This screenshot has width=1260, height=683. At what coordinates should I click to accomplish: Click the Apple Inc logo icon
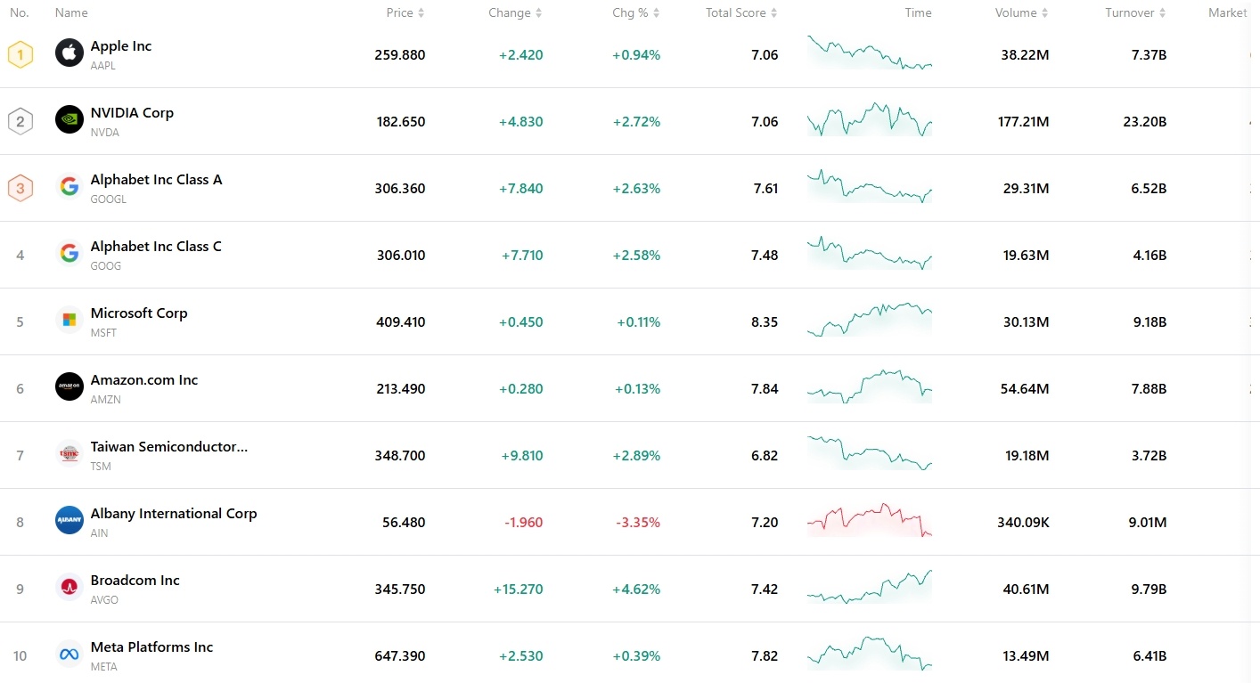pos(70,53)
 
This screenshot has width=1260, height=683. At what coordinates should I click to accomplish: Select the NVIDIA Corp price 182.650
pos(400,121)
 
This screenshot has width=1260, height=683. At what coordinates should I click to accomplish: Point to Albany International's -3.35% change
pos(638,522)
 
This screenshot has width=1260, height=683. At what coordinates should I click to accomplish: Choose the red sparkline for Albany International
pos(869,520)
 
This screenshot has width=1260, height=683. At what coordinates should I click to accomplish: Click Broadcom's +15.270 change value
pos(518,589)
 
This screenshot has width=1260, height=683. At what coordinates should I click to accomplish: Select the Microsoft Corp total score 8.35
pos(765,321)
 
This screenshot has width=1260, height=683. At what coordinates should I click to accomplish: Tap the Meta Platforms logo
pos(70,655)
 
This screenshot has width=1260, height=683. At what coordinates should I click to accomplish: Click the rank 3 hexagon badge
pos(20,188)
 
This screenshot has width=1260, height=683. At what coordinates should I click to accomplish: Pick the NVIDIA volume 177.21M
pos(1023,121)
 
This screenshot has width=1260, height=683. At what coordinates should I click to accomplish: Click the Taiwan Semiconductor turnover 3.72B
pos(1149,455)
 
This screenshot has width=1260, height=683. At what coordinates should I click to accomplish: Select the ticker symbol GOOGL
pos(109,199)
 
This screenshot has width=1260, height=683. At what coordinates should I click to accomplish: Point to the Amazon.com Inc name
pos(144,379)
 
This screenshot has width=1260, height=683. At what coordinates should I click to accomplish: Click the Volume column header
pos(1016,12)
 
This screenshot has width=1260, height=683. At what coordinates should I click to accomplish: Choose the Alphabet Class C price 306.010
pos(400,255)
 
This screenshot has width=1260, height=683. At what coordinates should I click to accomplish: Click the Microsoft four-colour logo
pos(70,320)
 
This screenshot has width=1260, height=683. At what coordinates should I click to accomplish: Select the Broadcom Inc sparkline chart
pos(869,587)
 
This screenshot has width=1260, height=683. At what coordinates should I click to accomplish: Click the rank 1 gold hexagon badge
pos(20,54)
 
